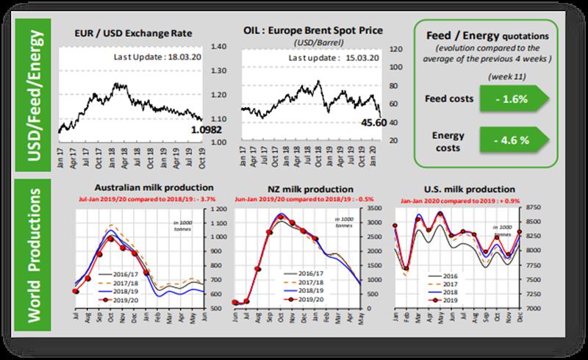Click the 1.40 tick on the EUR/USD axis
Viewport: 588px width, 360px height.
pyautogui.click(x=220, y=46)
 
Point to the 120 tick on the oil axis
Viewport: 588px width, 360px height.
pyautogui.click(x=395, y=49)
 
